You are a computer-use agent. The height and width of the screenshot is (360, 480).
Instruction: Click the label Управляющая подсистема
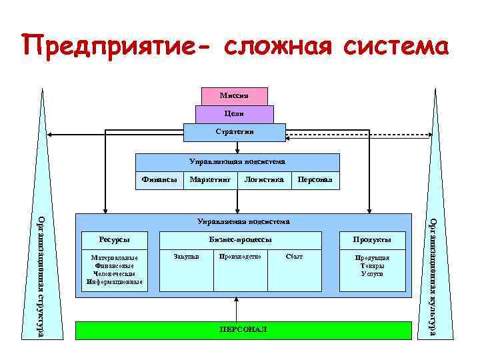tap(237, 162)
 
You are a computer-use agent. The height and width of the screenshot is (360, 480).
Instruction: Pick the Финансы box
tap(160, 180)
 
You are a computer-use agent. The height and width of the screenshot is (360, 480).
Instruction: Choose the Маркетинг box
tap(210, 180)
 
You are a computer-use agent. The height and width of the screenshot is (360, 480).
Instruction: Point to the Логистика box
tap(264, 180)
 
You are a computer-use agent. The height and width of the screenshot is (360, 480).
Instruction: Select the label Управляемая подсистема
tap(243, 221)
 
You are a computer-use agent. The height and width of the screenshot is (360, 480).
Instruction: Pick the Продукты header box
tap(373, 240)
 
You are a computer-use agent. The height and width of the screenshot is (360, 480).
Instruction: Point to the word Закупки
tap(186, 257)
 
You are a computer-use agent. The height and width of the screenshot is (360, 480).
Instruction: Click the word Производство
tap(239, 257)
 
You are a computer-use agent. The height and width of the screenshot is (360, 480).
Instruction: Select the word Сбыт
tap(293, 257)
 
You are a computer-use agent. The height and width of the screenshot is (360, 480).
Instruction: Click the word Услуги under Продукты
tap(373, 274)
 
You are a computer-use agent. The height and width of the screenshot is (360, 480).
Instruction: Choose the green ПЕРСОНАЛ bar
tap(243, 330)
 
